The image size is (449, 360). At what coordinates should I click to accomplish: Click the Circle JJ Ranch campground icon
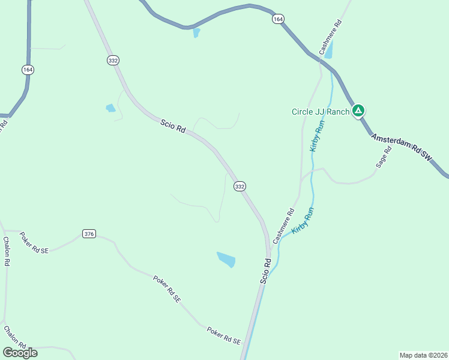(358, 110)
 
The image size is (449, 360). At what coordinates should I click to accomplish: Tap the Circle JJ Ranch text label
(321, 112)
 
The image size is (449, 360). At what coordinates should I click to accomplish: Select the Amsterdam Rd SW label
(401, 147)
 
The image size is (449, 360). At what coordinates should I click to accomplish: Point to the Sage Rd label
(383, 157)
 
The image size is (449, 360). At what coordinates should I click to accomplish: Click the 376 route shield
(89, 233)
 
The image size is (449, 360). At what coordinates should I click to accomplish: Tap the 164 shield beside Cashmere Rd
(277, 19)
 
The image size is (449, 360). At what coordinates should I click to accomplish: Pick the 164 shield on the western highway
(28, 70)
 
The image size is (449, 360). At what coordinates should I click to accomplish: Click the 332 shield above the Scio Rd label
(113, 60)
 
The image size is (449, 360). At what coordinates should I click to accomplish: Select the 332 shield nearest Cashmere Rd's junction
(240, 187)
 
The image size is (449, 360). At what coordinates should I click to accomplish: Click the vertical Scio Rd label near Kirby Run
(266, 271)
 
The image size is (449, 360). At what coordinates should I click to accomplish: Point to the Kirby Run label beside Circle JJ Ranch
(316, 136)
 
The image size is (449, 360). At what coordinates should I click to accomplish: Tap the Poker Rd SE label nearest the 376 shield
(34, 242)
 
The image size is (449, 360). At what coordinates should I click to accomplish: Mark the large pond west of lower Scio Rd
(226, 259)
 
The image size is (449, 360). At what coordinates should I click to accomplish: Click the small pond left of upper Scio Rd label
(110, 108)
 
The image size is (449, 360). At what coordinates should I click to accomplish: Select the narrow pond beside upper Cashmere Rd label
(328, 50)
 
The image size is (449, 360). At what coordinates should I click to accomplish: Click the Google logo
(20, 353)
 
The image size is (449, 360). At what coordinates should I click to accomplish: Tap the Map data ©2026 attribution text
(423, 355)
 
